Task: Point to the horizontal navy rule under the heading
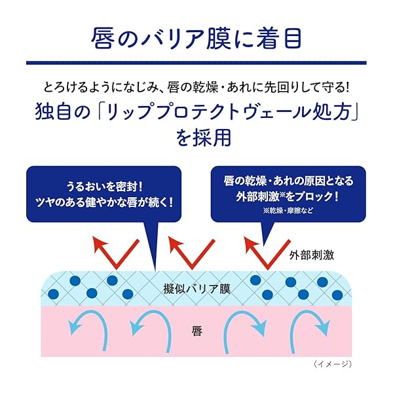[196, 63]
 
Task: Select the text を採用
[203, 138]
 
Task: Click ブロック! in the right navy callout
[317, 196]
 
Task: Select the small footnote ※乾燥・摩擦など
[288, 210]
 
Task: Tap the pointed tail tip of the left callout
[156, 271]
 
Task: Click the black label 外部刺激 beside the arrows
[312, 255]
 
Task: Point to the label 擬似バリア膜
[196, 290]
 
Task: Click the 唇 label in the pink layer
[197, 331]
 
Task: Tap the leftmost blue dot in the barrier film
[53, 294]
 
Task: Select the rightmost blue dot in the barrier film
[337, 295]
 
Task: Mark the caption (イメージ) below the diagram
[332, 364]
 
